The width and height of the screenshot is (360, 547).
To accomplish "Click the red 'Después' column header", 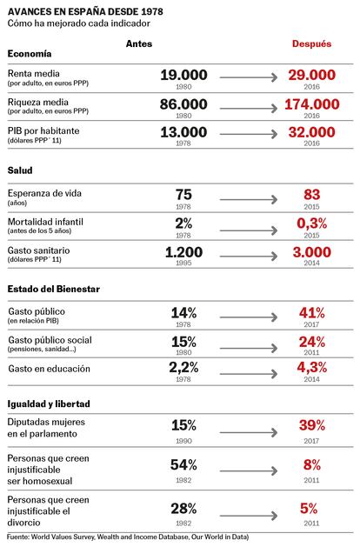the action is pos(311,44).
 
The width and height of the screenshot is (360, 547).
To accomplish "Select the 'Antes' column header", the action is pos(139,43).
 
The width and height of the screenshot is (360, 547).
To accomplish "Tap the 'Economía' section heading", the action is pos(30,54).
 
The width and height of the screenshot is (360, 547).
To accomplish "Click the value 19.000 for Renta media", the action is pos(183,75).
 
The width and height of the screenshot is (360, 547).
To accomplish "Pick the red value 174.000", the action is pos(312,104).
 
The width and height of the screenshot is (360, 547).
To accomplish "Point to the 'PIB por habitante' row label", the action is pos(43,130).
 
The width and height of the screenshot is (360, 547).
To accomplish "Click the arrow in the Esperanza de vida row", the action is pos(249,199).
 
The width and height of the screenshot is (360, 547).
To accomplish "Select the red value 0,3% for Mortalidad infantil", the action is pos(312,223).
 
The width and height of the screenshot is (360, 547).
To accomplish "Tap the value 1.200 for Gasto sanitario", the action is pos(183,252).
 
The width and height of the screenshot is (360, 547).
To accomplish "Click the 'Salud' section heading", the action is pos(20,170).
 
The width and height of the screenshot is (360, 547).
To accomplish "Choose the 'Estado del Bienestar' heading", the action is pos(54,289).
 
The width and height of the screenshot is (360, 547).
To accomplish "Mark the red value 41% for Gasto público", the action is pos(312,313).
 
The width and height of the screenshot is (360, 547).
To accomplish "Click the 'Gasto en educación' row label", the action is pos(50,369).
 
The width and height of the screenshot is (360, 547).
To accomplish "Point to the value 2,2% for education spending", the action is pos(183,367).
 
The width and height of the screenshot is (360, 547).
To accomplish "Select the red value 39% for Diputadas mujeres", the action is pos(312,425).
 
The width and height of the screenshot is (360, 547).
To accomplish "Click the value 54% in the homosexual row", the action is pos(183,465).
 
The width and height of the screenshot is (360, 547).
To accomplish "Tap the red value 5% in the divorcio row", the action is pos(309,509).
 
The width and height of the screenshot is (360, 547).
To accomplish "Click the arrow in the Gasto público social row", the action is pos(249,348).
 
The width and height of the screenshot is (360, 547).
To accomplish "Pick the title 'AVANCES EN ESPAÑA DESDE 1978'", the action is pos(85,12).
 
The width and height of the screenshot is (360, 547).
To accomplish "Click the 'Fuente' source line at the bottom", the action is pos(128,537).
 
